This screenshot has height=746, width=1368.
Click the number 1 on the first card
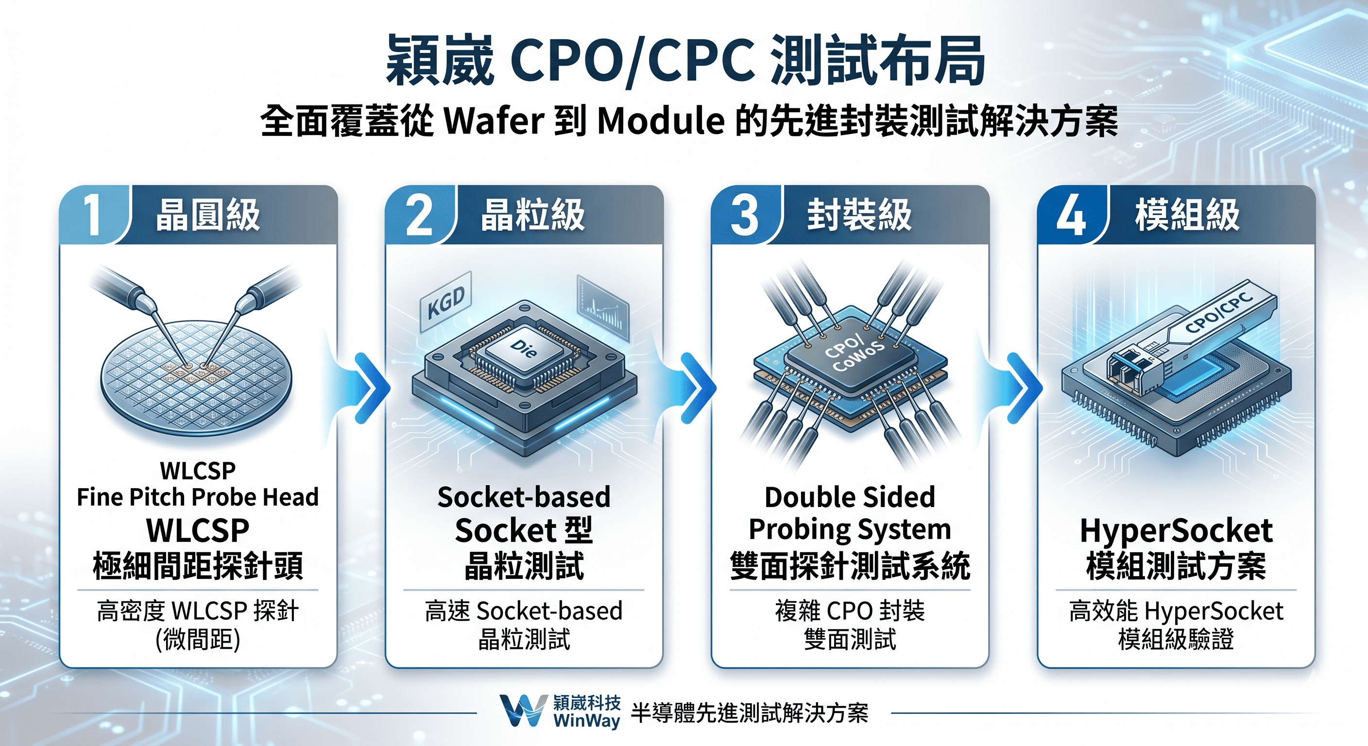pyautogui.click(x=93, y=215)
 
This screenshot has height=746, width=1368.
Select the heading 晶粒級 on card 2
pyautogui.click(x=532, y=215)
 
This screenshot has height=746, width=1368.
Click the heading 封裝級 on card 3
pyautogui.click(x=859, y=215)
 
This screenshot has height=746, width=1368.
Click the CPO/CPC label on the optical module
pyautogui.click(x=1218, y=314)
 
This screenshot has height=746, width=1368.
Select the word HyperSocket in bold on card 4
pyautogui.click(x=1176, y=530)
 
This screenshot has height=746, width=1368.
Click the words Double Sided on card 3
pyautogui.click(x=850, y=497)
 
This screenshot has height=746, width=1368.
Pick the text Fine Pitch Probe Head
pyautogui.click(x=198, y=497)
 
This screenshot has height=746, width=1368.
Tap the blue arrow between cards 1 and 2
pyautogui.click(x=372, y=388)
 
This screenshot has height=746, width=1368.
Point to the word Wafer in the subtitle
pyautogui.click(x=494, y=121)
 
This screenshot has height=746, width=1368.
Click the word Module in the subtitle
pyautogui.click(x=661, y=121)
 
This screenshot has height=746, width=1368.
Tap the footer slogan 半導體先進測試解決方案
pyautogui.click(x=749, y=712)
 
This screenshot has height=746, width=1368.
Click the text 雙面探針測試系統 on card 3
pyautogui.click(x=850, y=566)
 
